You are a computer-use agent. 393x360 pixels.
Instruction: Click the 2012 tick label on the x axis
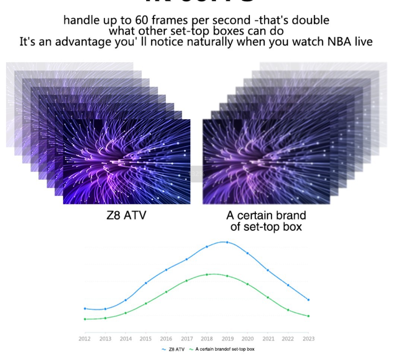[85, 338]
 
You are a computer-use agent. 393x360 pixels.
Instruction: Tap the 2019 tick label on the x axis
[227, 338]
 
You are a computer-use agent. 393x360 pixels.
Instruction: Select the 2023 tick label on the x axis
[308, 338]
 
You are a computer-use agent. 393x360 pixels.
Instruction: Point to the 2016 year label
[166, 338]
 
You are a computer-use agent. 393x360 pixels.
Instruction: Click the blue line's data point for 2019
[227, 242]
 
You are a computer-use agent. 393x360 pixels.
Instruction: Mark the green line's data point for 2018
[207, 275]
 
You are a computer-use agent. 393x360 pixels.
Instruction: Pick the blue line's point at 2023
[308, 300]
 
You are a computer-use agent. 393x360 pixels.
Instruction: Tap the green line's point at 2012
[85, 319]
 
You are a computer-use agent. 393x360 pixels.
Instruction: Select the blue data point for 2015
[146, 283]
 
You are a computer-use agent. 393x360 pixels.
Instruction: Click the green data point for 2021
[268, 297]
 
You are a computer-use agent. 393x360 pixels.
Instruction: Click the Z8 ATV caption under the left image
[126, 215]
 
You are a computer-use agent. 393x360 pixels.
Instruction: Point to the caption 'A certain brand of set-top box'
[266, 221]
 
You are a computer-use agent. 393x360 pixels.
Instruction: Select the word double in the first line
[310, 20]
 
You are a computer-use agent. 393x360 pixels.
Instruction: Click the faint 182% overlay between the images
[196, 174]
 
